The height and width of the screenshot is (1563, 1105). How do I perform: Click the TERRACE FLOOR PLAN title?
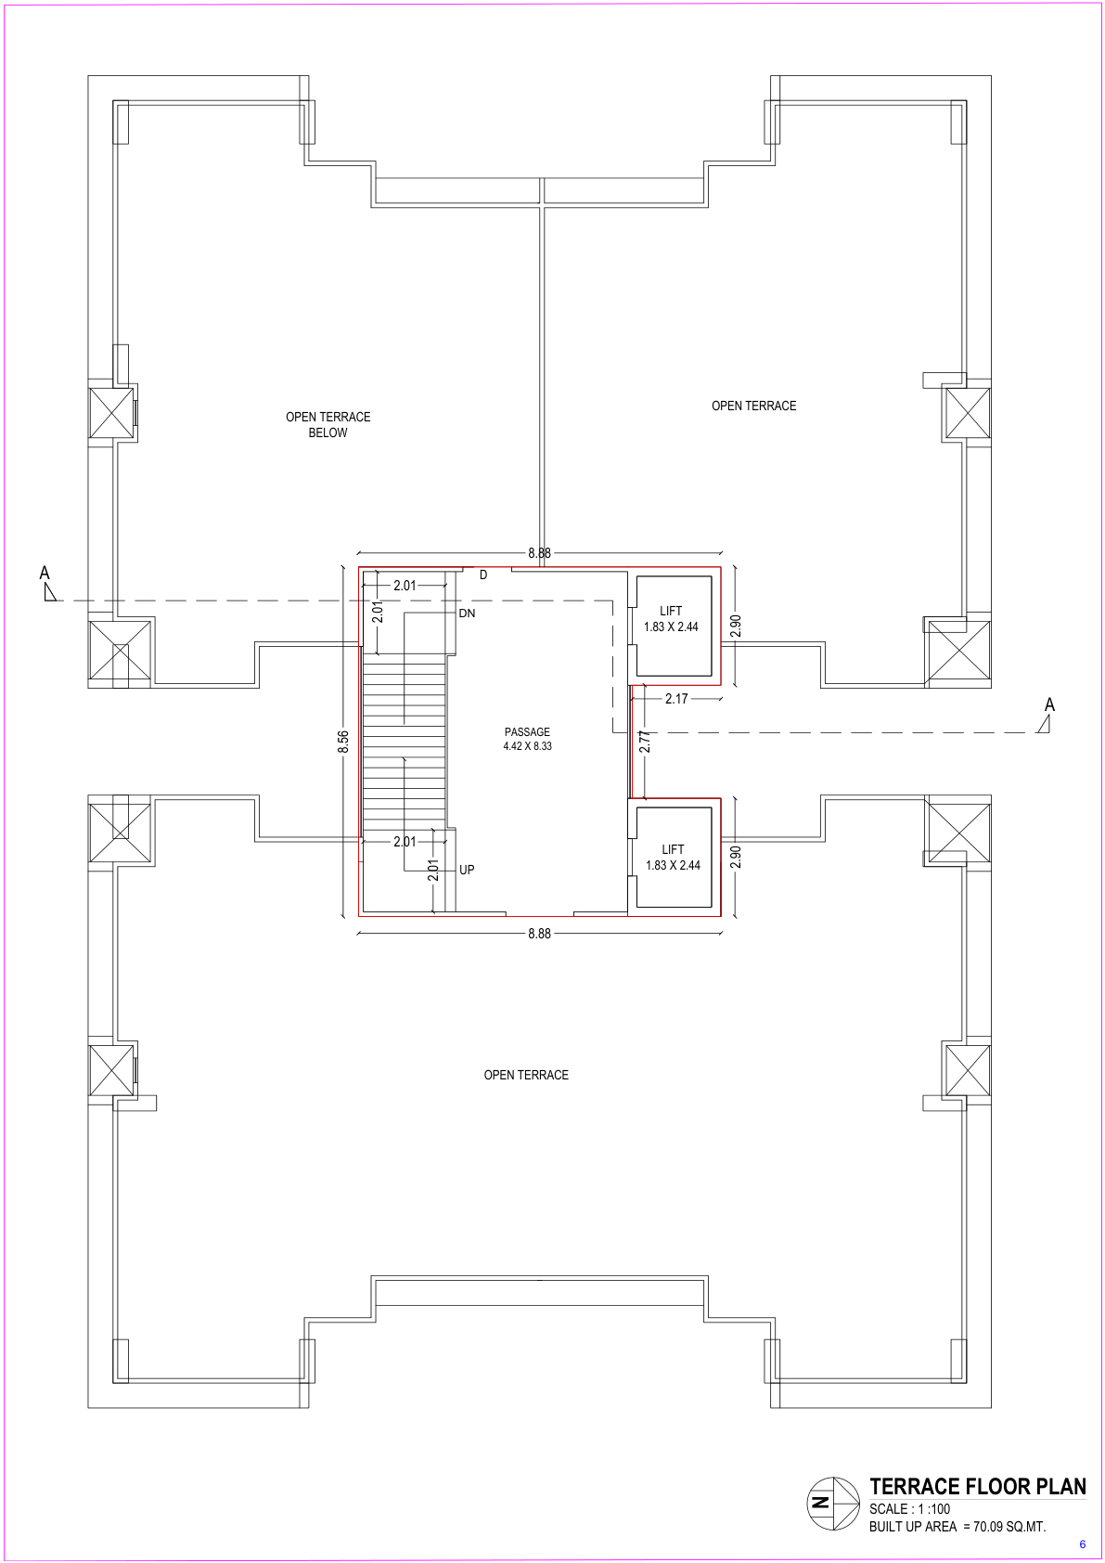(977, 1486)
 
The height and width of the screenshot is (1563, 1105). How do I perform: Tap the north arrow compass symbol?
(833, 1504)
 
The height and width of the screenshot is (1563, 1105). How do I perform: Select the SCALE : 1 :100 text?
(909, 1508)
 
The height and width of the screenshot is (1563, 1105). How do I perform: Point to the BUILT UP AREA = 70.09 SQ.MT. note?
(957, 1527)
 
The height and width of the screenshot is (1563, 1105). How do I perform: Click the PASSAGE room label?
(527, 732)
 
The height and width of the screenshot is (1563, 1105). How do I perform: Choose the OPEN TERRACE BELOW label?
(328, 424)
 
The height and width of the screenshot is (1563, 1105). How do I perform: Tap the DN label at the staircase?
(467, 614)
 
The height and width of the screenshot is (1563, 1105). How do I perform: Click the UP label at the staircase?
(467, 870)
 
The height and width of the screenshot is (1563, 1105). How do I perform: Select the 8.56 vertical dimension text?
(343, 742)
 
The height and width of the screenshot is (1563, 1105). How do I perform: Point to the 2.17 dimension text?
(676, 699)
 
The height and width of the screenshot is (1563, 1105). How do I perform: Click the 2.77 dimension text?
(645, 741)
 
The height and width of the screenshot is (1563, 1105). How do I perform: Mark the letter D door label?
(483, 575)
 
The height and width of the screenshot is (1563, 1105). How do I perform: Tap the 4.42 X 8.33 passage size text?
(527, 746)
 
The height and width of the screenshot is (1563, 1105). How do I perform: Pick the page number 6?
(1083, 1544)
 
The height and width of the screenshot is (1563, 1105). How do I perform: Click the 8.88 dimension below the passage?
(539, 934)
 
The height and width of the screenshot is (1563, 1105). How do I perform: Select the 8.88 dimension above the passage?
(539, 553)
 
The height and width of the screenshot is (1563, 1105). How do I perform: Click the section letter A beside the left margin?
(45, 573)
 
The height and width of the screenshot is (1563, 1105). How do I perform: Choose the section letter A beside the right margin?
(1050, 704)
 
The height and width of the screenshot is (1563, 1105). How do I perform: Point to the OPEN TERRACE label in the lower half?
(526, 1076)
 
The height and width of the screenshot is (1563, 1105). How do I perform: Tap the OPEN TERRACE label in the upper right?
(753, 407)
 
